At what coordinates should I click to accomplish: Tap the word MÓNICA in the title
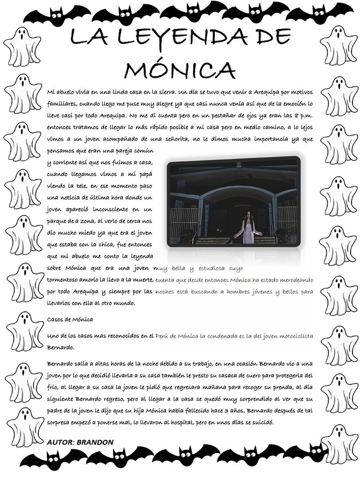tap(180, 70)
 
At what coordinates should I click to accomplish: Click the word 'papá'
tap(145, 174)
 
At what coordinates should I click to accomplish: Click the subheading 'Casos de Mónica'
tap(70, 319)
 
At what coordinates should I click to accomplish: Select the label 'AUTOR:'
tap(61, 442)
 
